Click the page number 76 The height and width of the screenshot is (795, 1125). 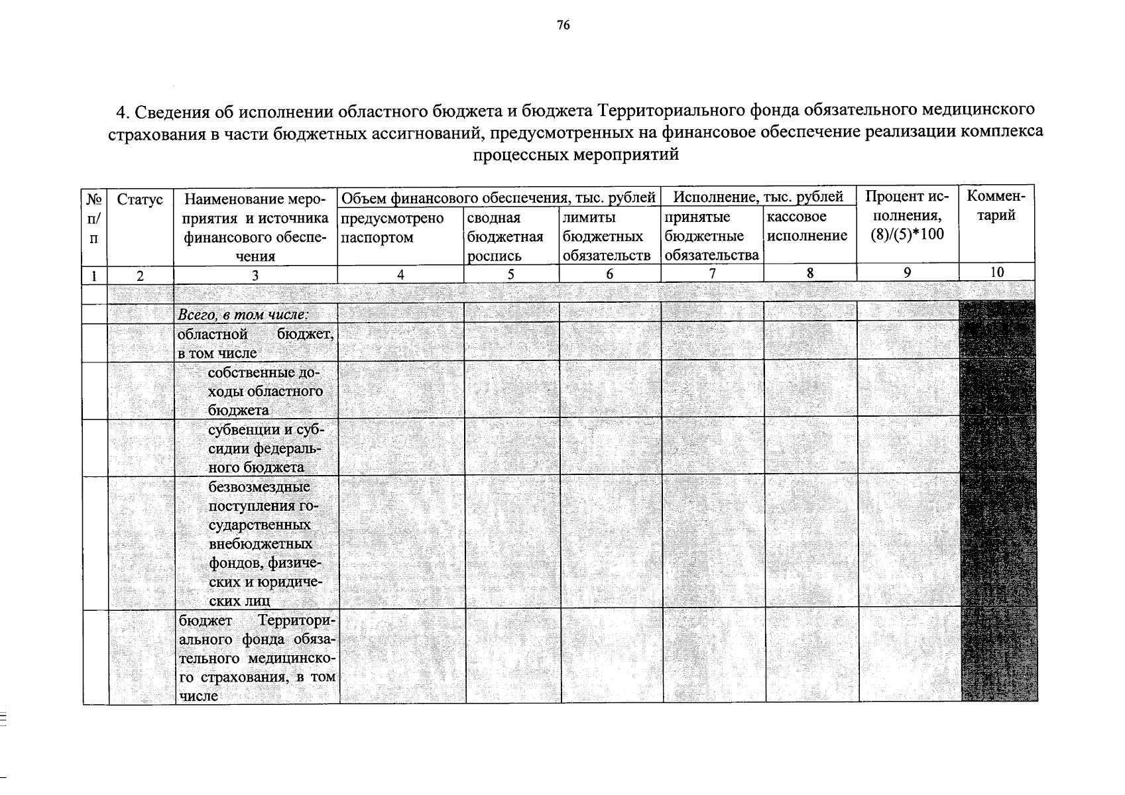click(563, 26)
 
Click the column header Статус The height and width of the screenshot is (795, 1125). click(139, 199)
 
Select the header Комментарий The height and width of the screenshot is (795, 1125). click(996, 205)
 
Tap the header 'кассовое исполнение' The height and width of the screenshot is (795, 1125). click(807, 227)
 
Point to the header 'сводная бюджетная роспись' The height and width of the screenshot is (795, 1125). click(505, 237)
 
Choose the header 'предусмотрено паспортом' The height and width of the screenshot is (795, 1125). click(392, 227)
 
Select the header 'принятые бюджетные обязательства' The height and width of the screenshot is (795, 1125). click(711, 237)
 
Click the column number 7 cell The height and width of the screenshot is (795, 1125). click(712, 273)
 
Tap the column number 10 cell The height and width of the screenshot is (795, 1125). click(996, 272)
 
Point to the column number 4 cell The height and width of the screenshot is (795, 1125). click(400, 274)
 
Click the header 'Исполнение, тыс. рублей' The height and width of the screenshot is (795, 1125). click(758, 197)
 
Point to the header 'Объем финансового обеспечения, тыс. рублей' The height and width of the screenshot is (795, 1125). click(498, 197)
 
